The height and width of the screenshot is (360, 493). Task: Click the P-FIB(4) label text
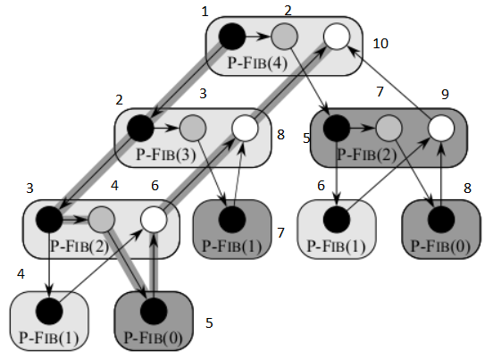click(x=257, y=63)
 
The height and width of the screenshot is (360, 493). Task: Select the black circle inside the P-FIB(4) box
click(x=232, y=37)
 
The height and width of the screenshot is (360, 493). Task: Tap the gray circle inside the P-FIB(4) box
click(x=284, y=37)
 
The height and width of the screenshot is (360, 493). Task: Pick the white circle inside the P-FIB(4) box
click(x=337, y=37)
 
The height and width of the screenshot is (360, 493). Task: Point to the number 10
click(x=380, y=44)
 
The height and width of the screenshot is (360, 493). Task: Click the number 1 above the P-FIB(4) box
click(x=205, y=12)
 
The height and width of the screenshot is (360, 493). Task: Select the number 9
click(x=445, y=95)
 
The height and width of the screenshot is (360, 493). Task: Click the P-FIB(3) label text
click(x=166, y=155)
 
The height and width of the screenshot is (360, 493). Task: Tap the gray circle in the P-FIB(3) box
click(x=193, y=128)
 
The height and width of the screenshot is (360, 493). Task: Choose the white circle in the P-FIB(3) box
click(x=245, y=128)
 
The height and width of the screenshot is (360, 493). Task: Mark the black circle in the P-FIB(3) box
click(x=140, y=128)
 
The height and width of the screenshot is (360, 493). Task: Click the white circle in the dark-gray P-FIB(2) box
click(x=441, y=128)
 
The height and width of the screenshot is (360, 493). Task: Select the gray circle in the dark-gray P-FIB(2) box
click(x=389, y=128)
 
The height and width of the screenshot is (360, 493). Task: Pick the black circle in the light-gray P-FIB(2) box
click(x=49, y=220)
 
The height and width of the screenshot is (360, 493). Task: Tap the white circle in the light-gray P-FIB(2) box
click(x=154, y=220)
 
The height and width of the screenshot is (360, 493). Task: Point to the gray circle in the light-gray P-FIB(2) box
click(x=101, y=220)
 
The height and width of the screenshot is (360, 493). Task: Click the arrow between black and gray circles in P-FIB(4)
click(x=258, y=37)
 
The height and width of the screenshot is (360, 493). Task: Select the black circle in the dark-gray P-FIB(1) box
click(x=232, y=220)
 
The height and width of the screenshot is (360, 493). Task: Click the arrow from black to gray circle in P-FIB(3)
click(x=166, y=128)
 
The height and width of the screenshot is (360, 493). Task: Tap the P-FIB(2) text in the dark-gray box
click(x=366, y=155)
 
